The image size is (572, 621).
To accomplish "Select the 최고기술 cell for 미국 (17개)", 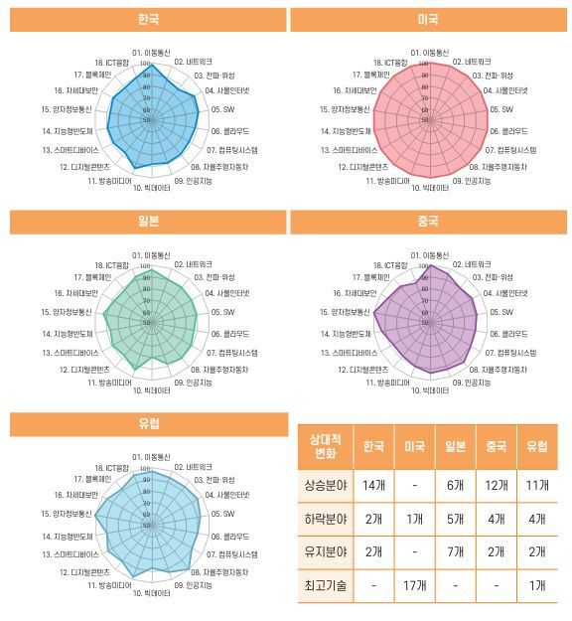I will tap(415, 585).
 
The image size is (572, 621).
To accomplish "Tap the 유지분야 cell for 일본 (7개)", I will tap(456, 551).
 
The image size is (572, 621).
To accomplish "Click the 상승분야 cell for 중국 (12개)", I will tap(497, 487).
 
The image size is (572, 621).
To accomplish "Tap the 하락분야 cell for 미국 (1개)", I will tap(415, 519).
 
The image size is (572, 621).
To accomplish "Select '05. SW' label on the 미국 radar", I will tap(500, 110).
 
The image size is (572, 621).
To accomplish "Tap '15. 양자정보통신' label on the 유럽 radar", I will tap(67, 515).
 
